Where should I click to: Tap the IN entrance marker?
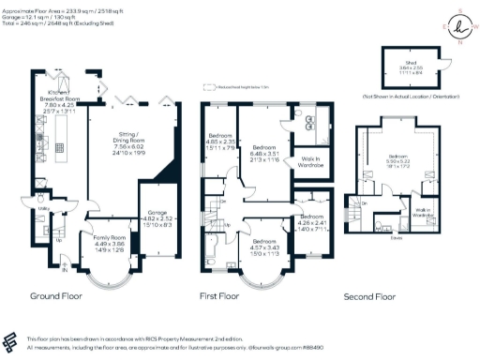click(66, 272)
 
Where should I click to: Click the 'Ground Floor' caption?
click(56, 295)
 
